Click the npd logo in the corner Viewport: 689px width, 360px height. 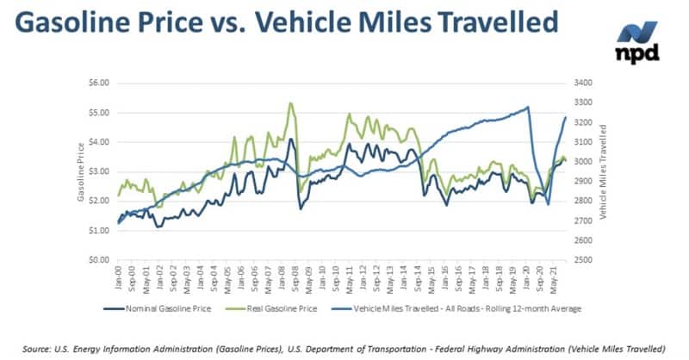(x=638, y=41)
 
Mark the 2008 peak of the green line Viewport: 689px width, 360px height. (x=291, y=104)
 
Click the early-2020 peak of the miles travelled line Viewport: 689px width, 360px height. (x=527, y=108)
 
